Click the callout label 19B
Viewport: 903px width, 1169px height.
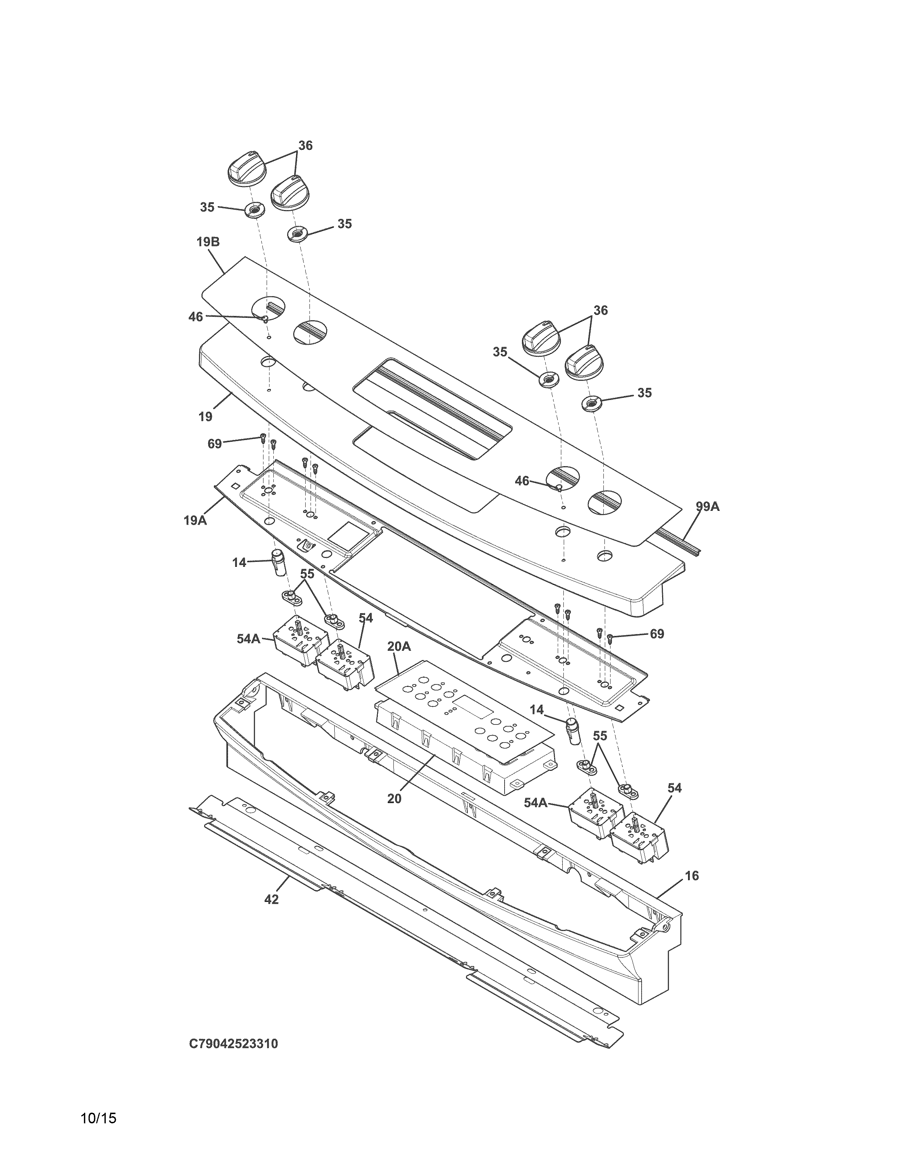pos(208,242)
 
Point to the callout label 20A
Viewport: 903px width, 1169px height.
pos(399,646)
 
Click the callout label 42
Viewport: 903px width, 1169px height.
pos(272,900)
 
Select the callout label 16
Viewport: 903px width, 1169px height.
pos(692,876)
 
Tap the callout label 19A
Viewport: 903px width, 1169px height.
pos(195,520)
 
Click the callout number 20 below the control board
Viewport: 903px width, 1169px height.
pos(394,798)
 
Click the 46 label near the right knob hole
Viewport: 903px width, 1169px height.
pos(522,481)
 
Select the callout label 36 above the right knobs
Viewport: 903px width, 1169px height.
pos(601,310)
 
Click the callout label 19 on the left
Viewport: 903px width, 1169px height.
pos(205,417)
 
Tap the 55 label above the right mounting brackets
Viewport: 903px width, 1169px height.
pos(600,736)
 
